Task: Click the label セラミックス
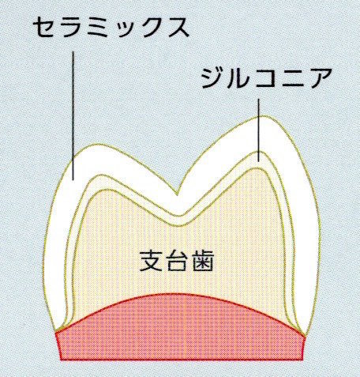[x=111, y=27]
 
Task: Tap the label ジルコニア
[x=266, y=78]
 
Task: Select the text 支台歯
[x=176, y=261]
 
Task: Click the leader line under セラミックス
[x=73, y=115]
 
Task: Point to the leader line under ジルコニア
[x=258, y=130]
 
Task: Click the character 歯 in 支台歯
[x=202, y=261]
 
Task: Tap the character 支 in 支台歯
[x=150, y=261]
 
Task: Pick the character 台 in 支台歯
[x=176, y=261]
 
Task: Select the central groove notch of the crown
[x=177, y=195]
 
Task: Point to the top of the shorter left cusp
[x=97, y=144]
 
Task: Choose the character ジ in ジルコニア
[x=212, y=78]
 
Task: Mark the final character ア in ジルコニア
[x=320, y=78]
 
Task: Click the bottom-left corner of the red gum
[x=61, y=360]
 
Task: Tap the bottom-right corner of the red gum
[x=302, y=360]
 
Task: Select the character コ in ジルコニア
[x=265, y=78]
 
